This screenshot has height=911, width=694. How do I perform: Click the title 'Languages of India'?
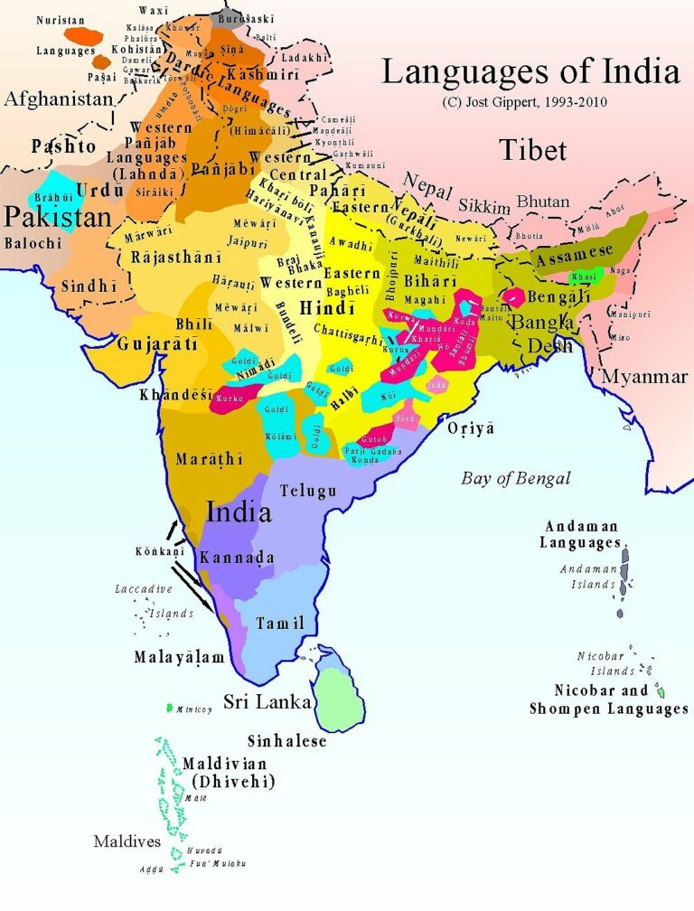(x=530, y=70)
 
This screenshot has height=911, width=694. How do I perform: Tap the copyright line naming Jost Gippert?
(x=524, y=101)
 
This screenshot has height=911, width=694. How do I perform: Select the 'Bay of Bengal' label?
(x=516, y=478)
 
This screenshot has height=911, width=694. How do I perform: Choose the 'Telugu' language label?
(x=308, y=491)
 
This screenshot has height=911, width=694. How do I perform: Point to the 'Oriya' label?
(x=471, y=428)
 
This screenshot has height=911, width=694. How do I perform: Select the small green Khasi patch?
(x=585, y=277)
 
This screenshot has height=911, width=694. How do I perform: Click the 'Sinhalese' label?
(x=286, y=740)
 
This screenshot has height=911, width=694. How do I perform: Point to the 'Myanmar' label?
(x=644, y=376)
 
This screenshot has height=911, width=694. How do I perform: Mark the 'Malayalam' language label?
(x=179, y=657)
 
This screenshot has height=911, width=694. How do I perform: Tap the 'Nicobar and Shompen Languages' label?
(x=608, y=700)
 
